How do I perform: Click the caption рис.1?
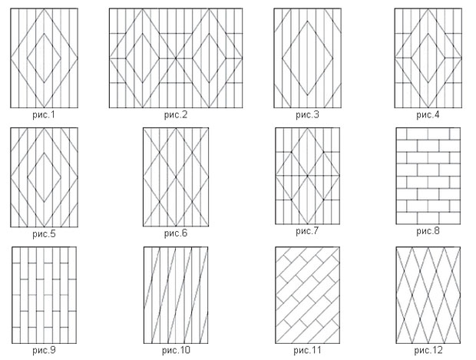(45, 115)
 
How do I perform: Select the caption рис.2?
(176, 115)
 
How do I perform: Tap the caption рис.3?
(307, 115)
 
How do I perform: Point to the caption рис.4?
(428, 115)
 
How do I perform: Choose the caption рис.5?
(45, 231)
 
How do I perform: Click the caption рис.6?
(176, 231)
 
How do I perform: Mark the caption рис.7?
(307, 231)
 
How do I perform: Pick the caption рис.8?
(428, 231)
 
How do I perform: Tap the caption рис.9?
(45, 350)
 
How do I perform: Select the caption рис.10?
(176, 350)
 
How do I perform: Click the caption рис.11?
(307, 350)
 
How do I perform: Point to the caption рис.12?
(428, 350)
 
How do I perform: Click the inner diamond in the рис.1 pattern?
(45, 58)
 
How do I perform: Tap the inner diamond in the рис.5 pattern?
(45, 177)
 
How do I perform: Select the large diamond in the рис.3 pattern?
(307, 58)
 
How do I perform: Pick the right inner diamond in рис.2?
(207, 58)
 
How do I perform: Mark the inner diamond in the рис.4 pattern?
(428, 58)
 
